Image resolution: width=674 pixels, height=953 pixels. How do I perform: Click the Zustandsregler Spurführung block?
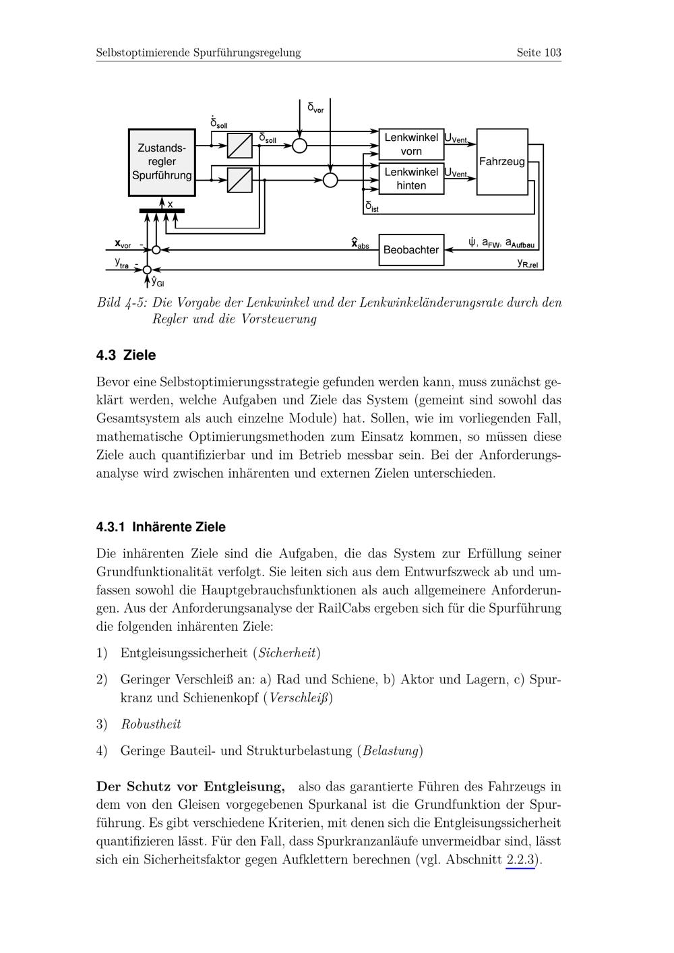(x=162, y=162)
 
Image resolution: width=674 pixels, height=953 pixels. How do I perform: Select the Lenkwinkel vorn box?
(x=411, y=144)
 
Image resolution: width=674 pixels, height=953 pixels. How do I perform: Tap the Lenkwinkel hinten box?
(x=411, y=179)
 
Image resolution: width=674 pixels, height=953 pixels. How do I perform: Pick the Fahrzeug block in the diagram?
(x=502, y=162)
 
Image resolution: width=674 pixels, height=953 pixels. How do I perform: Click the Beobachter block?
(x=411, y=250)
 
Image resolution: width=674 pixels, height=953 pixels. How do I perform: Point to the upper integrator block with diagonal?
(x=240, y=146)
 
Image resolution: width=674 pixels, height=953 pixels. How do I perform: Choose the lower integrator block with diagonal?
(x=240, y=180)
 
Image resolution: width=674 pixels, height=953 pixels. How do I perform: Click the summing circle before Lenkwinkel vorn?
(x=300, y=146)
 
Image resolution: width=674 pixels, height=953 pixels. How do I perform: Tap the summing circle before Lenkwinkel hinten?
(x=330, y=180)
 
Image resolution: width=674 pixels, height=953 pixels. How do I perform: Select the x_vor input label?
(x=123, y=243)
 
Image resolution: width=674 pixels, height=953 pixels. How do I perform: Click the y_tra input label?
(x=121, y=263)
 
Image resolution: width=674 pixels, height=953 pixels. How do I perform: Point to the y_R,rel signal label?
(x=528, y=263)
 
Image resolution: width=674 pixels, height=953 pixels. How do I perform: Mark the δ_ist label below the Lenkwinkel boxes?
(x=371, y=206)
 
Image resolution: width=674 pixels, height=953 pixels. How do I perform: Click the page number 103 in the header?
(x=553, y=53)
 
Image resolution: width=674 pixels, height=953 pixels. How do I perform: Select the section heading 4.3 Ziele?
(x=126, y=355)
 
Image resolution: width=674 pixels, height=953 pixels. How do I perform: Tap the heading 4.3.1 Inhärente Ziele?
(x=161, y=527)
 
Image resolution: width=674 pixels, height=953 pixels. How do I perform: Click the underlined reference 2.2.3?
(x=520, y=860)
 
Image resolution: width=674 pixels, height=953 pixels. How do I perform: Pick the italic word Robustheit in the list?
(x=151, y=725)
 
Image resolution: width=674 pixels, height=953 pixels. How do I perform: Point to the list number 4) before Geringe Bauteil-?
(x=102, y=751)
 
